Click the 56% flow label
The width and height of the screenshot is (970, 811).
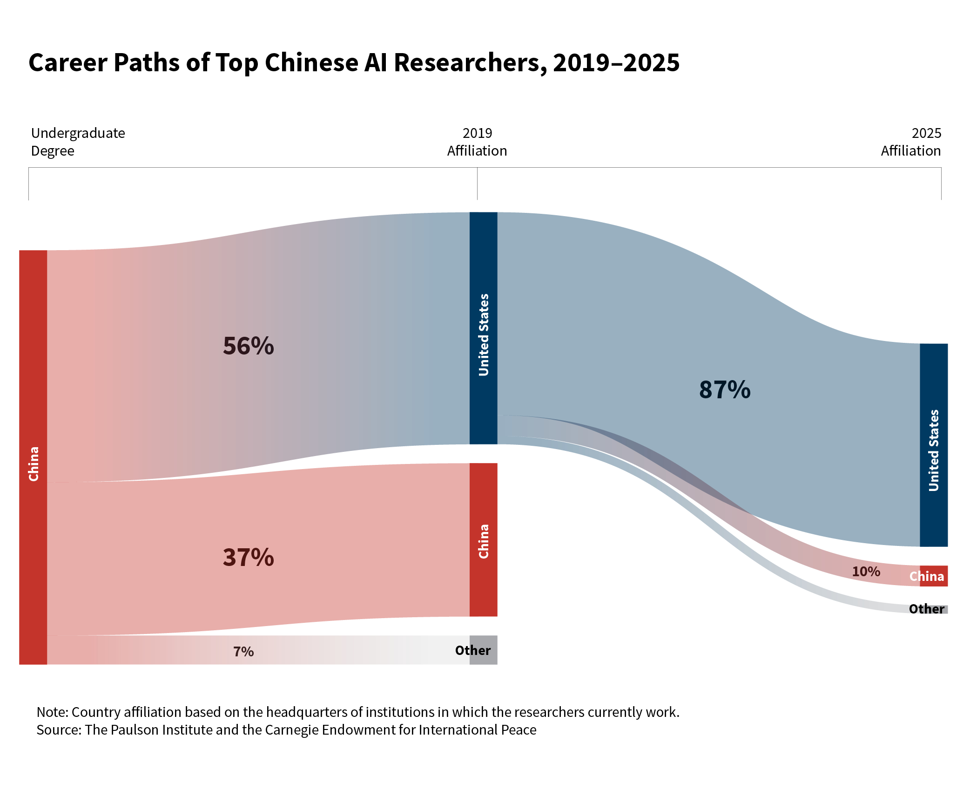[248, 346]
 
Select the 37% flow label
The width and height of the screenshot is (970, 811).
[248, 557]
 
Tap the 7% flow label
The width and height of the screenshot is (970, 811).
[243, 651]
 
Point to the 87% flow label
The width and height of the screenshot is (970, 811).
[725, 389]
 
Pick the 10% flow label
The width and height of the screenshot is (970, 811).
[866, 572]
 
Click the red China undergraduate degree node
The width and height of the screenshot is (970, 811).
[33, 457]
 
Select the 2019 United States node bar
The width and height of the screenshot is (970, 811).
[483, 328]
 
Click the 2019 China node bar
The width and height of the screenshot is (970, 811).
[483, 539]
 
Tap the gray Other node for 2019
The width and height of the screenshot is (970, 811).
[483, 650]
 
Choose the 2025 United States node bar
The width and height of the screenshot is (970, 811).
[933, 445]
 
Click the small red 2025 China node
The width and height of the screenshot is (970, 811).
[933, 576]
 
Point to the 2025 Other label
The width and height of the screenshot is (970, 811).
[926, 609]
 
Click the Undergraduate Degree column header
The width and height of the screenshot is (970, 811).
[78, 142]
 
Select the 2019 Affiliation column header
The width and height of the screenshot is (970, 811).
[477, 142]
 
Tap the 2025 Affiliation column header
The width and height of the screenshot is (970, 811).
[911, 142]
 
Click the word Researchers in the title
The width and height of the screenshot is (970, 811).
[471, 62]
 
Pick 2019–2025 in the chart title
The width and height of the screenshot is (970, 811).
[616, 62]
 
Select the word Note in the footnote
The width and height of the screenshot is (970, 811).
[52, 712]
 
